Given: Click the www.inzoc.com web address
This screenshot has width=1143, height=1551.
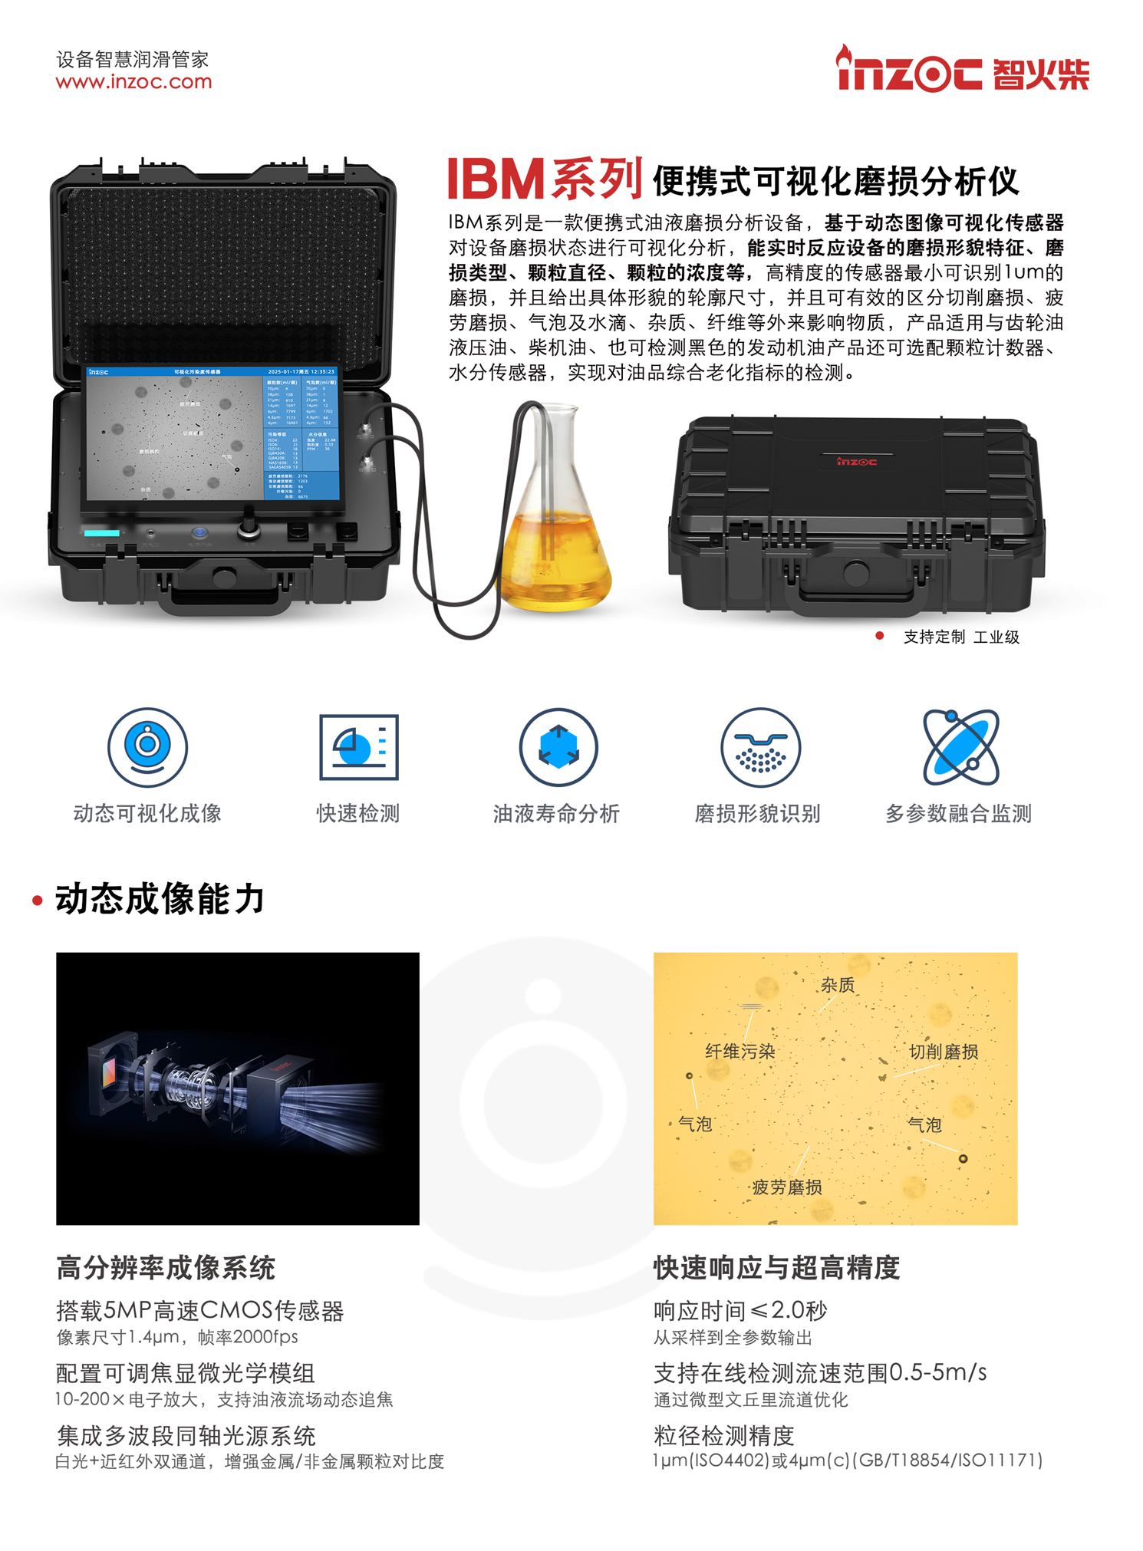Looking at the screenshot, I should click(133, 82).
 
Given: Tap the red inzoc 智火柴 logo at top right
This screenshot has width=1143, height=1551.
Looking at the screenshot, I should click(962, 71).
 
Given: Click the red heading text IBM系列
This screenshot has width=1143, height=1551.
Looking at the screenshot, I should click(544, 179).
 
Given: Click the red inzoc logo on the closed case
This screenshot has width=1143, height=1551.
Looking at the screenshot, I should click(856, 462).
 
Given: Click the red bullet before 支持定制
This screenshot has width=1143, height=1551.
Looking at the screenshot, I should click(879, 636).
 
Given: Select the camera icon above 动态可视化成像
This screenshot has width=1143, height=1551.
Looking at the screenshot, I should click(147, 746).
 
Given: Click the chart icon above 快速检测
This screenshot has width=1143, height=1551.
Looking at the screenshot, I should click(358, 746).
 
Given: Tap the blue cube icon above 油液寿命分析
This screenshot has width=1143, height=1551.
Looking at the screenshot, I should click(558, 746).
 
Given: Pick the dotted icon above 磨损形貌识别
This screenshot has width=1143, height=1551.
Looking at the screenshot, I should click(760, 746).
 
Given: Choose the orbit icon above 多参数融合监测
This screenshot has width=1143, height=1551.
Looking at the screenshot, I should click(960, 746).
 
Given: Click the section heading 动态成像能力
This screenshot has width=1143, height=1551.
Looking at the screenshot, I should click(160, 899).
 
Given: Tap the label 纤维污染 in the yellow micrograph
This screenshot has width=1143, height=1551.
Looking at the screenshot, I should click(739, 1051).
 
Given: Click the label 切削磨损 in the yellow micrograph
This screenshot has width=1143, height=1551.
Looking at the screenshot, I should click(944, 1052).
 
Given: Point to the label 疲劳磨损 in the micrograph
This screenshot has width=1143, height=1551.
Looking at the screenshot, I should click(786, 1187).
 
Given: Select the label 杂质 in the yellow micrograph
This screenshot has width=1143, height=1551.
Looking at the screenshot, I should click(837, 985).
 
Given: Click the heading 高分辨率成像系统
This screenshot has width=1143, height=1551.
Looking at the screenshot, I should click(166, 1268).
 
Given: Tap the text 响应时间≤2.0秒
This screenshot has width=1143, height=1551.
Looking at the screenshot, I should click(740, 1311).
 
